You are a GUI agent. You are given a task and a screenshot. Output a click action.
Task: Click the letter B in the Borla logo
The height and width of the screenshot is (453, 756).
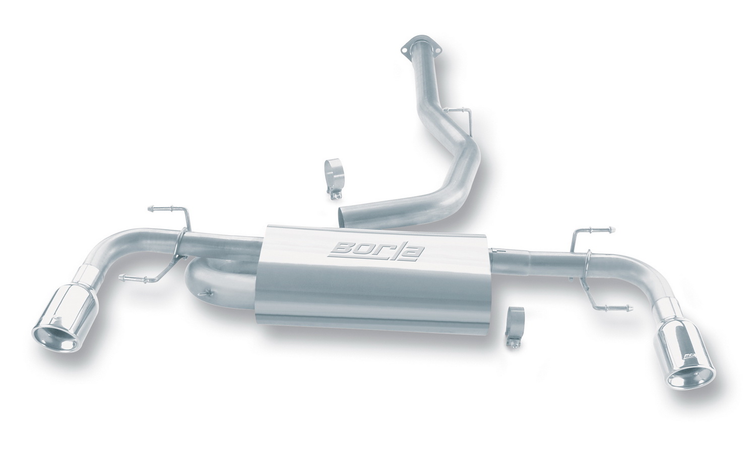click(x=342, y=251)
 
